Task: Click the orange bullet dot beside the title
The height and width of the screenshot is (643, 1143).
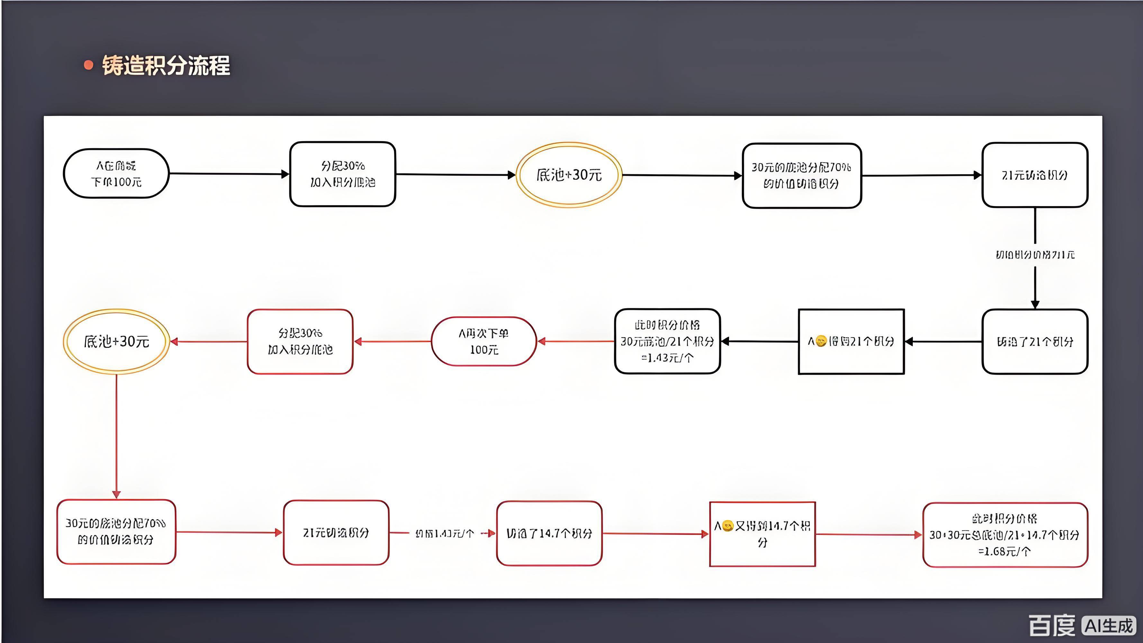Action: tap(89, 65)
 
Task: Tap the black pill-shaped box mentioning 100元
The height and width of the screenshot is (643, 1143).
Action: tap(116, 174)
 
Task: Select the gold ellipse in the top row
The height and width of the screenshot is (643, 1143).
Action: tap(569, 175)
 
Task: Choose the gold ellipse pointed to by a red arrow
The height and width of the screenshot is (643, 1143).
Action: tap(116, 341)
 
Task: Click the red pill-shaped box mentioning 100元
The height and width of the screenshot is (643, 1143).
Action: tap(484, 341)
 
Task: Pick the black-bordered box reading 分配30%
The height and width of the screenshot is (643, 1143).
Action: tap(343, 174)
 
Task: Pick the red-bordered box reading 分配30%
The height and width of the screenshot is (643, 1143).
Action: tap(300, 341)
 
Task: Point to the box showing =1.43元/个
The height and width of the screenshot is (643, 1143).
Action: tap(667, 341)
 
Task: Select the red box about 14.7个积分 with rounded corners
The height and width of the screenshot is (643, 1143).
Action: tap(549, 533)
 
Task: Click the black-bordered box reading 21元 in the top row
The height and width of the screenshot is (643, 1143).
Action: tap(1035, 175)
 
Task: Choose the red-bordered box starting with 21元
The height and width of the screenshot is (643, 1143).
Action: tap(336, 532)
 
